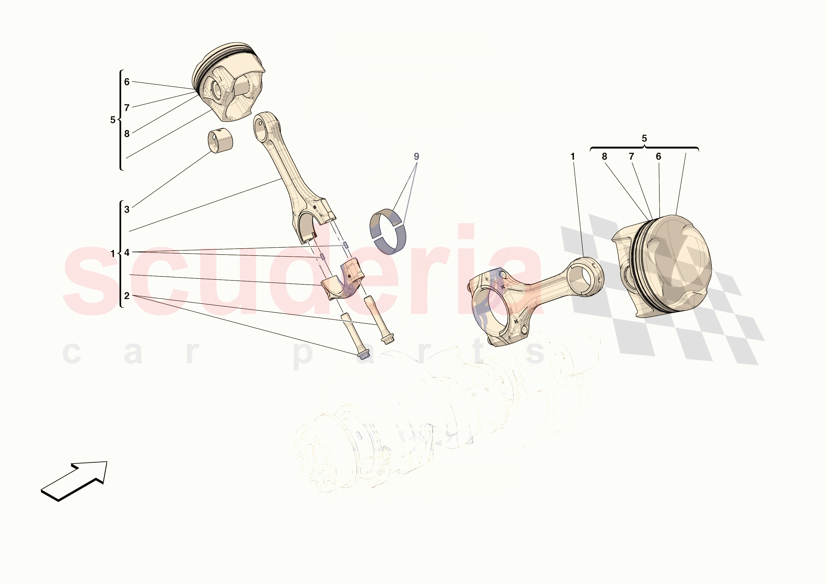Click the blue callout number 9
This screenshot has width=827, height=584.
click(416, 157)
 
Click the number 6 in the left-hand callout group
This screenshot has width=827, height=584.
click(127, 82)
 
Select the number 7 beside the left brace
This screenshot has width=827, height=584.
click(127, 108)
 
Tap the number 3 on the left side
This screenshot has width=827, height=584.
click(127, 209)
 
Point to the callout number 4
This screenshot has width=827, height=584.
click(127, 253)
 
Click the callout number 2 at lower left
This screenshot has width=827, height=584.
click(127, 296)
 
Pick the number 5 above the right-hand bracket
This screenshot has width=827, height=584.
click(644, 139)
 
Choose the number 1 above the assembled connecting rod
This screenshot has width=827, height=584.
click(573, 157)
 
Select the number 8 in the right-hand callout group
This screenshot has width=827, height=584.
click(604, 157)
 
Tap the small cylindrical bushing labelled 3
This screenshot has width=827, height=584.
click(220, 140)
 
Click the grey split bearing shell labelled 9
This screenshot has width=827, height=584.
click(388, 231)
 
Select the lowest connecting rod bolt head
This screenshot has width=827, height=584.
click(364, 355)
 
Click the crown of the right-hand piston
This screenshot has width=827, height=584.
click(677, 263)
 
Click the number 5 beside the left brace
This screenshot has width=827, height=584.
click(113, 120)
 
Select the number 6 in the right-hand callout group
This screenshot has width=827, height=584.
click(658, 157)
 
